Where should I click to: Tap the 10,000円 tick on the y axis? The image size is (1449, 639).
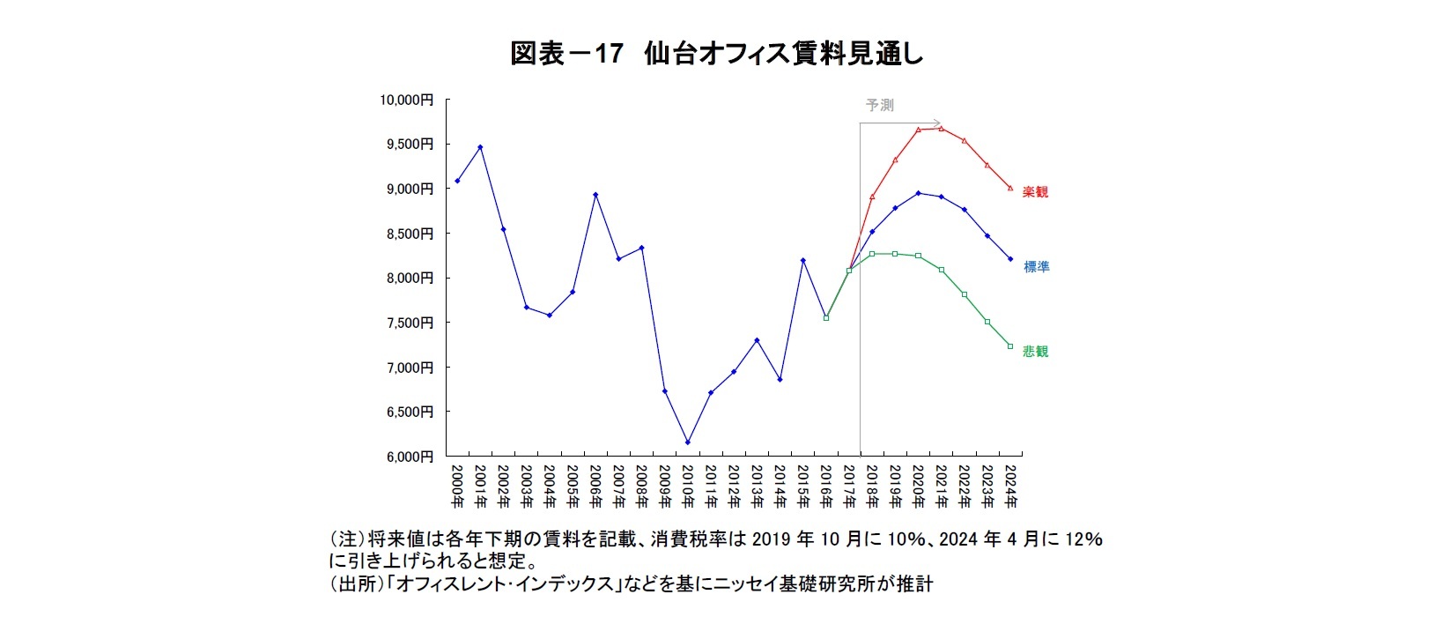(406, 100)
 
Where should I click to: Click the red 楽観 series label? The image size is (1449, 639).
(1035, 192)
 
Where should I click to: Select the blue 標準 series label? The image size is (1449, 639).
(1036, 267)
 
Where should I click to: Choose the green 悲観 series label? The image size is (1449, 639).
(1035, 352)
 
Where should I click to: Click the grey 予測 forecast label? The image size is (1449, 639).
(879, 105)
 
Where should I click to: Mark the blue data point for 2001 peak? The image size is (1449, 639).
(480, 147)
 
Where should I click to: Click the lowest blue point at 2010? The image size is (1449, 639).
(687, 442)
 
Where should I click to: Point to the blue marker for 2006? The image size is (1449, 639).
(595, 195)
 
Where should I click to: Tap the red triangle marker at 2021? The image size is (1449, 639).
(941, 129)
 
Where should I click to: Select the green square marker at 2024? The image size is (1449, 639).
(1010, 346)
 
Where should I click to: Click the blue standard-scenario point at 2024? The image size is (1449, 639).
(1010, 259)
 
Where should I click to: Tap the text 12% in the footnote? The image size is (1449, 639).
(1083, 539)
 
